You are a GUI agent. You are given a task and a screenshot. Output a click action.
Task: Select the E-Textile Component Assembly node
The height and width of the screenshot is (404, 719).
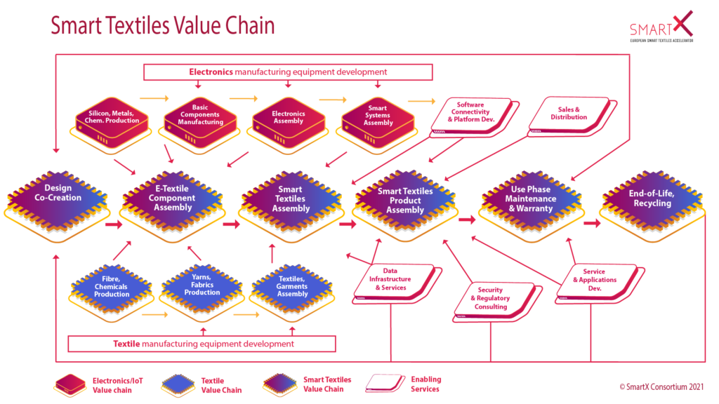tap(173, 198)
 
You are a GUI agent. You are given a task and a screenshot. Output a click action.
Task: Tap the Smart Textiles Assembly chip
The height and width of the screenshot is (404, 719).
tap(291, 199)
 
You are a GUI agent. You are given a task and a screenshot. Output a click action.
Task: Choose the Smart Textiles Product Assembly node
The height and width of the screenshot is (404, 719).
tap(405, 201)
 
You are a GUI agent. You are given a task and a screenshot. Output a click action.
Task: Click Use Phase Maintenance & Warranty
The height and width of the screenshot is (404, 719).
tap(532, 199)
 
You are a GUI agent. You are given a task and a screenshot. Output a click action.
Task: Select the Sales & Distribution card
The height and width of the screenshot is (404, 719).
tap(569, 114)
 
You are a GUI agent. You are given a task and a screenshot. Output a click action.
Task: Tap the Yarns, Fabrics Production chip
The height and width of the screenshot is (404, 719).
tap(202, 287)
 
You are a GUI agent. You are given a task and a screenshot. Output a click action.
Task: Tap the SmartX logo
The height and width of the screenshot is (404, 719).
tap(662, 25)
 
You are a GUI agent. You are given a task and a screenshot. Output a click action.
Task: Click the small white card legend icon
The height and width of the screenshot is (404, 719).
tap(383, 382)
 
